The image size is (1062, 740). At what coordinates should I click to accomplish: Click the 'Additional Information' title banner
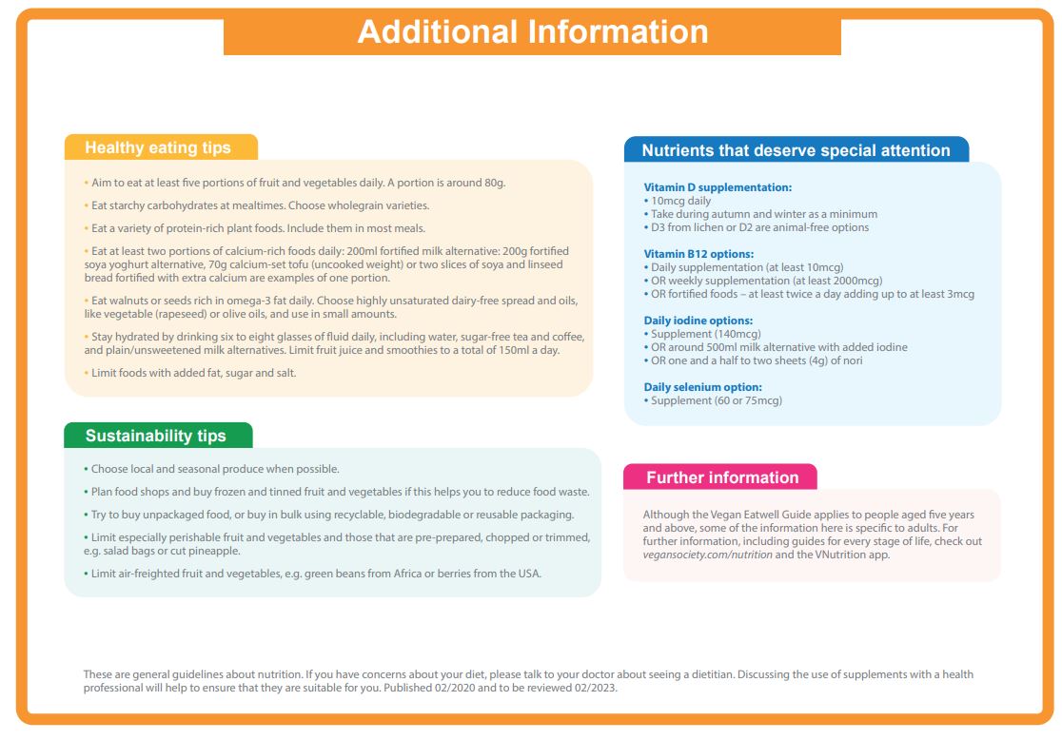tap(532, 31)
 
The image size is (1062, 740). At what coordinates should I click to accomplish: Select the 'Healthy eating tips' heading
tap(158, 147)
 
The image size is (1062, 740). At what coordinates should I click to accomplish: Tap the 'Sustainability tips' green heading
tap(156, 436)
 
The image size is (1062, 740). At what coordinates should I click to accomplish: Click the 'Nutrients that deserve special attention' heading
tap(796, 150)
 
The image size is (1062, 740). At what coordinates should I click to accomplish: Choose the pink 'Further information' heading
tap(722, 477)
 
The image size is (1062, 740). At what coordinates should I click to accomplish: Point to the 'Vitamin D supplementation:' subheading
tap(718, 187)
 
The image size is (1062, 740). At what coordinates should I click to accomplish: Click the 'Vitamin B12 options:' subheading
tap(698, 254)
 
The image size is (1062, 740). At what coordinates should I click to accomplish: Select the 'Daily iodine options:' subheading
tap(698, 321)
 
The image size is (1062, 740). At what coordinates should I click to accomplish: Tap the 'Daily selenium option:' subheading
tap(702, 387)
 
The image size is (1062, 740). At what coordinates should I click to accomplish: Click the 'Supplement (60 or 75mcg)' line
tap(716, 400)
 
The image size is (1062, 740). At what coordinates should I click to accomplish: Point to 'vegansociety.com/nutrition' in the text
tap(703, 555)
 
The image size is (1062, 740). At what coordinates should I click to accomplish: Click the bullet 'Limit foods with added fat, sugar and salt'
tap(193, 373)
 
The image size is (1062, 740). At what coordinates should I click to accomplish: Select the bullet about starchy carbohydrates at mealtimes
tap(260, 205)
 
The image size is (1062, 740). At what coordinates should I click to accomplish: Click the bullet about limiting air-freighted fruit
tap(315, 574)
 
